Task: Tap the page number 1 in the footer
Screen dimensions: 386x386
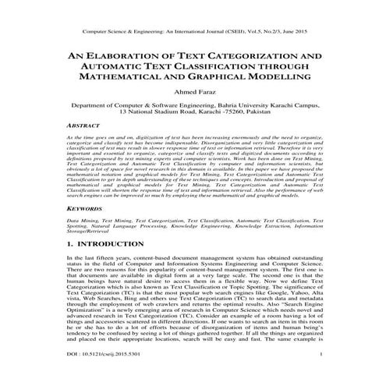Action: (x=342, y=377)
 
